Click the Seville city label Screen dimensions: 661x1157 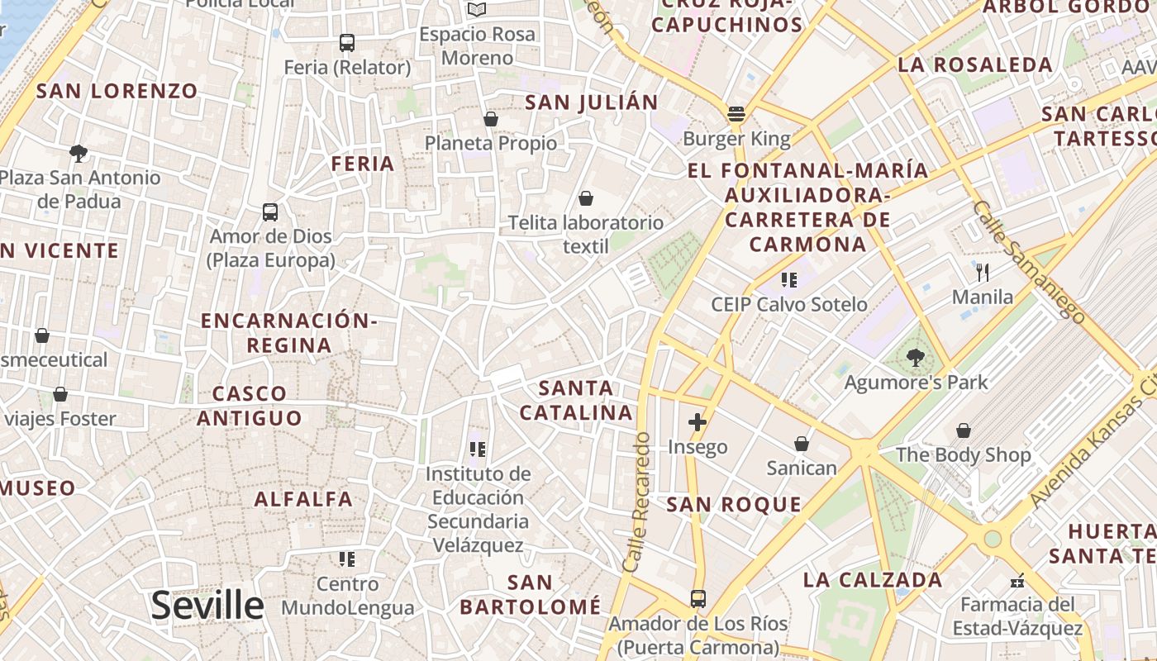(x=207, y=606)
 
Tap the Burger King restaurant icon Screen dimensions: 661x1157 (x=736, y=113)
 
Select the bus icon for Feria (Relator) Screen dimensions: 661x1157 (x=347, y=42)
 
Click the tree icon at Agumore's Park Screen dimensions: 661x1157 (x=915, y=358)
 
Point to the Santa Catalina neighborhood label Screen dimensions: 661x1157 (x=576, y=400)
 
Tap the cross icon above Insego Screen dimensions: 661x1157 (x=698, y=422)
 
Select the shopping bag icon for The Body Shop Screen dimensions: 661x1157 (x=964, y=430)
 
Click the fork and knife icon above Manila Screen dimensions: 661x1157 (x=983, y=272)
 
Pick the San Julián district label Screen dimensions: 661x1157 (x=592, y=102)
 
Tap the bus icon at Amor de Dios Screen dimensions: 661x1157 (x=270, y=212)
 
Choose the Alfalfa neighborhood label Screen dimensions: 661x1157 (x=303, y=499)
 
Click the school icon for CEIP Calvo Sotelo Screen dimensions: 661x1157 (x=789, y=280)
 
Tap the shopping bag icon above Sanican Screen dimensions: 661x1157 (x=801, y=444)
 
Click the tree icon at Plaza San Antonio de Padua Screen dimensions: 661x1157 (x=79, y=153)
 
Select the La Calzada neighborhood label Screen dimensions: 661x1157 (x=873, y=580)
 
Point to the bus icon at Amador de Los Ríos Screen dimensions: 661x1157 (x=698, y=598)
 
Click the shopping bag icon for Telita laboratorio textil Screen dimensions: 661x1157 (x=586, y=198)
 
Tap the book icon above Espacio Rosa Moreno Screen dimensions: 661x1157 (x=477, y=9)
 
